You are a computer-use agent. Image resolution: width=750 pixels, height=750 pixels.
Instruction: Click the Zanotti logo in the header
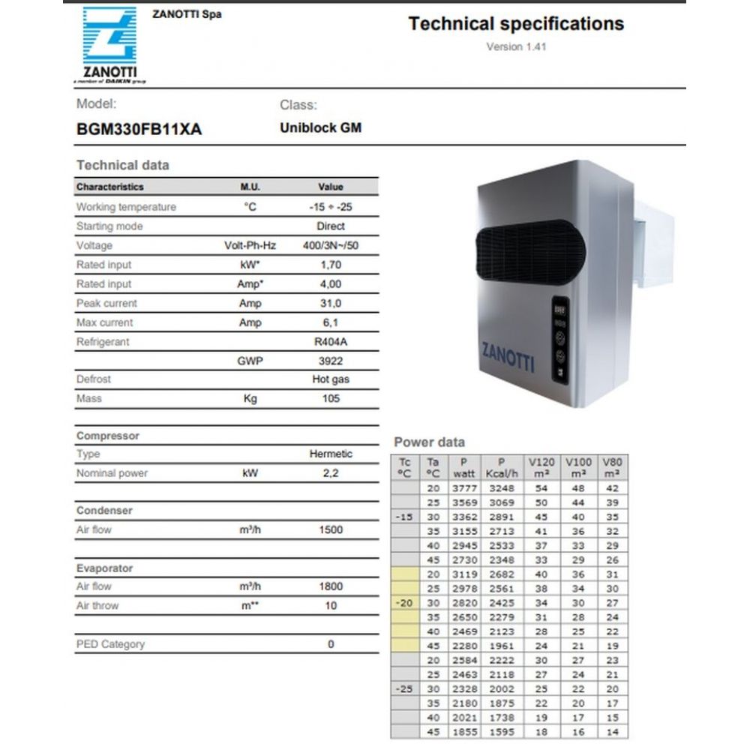point(109,43)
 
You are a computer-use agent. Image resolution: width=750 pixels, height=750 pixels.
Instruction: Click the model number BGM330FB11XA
point(139,129)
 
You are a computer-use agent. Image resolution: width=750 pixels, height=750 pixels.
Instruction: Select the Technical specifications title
point(516,24)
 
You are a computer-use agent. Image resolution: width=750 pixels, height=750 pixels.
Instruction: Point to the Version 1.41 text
point(516,46)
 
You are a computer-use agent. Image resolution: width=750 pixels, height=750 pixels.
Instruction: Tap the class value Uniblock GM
point(320,127)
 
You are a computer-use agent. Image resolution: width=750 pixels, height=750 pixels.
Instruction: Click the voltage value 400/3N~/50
point(330,245)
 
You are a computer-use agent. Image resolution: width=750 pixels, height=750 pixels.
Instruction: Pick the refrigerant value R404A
point(331,342)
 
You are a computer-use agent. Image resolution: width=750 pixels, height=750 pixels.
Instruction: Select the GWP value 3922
point(331,361)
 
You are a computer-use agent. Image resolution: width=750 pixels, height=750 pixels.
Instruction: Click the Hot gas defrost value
point(331,379)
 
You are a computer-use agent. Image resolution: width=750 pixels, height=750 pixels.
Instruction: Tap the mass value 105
point(331,398)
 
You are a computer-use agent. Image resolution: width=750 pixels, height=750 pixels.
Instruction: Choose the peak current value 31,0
point(331,303)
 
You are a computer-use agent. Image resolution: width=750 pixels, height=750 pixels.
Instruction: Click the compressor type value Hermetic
point(331,454)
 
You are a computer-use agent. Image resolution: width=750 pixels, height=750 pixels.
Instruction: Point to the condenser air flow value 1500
point(331,529)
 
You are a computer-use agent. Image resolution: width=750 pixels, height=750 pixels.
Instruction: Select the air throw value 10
point(331,605)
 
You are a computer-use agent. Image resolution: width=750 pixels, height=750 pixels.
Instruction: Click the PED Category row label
point(110,644)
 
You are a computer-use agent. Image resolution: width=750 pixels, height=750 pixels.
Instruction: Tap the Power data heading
point(429,442)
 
